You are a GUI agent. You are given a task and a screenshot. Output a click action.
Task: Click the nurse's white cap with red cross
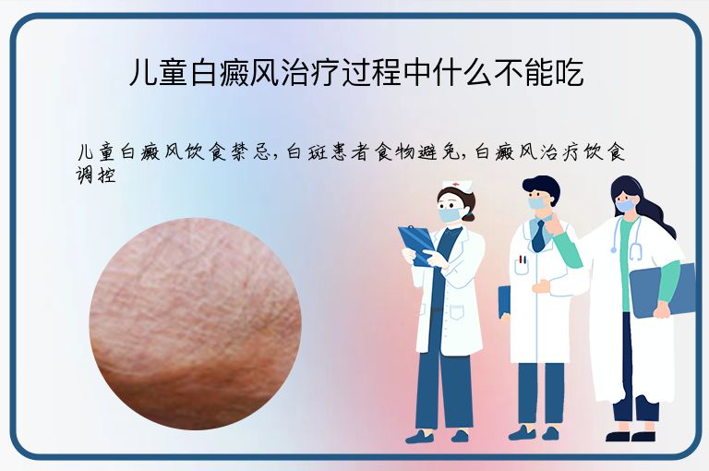pos(455,186)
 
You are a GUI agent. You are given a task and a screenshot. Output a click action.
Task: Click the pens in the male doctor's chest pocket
pos(523,260)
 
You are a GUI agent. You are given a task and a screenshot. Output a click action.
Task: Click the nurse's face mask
pos(450,214)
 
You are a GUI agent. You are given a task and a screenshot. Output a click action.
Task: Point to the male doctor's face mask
pos(537,202)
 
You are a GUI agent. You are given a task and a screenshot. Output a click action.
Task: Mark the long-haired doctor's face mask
pos(626,205)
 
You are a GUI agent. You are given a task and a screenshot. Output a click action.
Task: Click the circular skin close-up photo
pos(195,323)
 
